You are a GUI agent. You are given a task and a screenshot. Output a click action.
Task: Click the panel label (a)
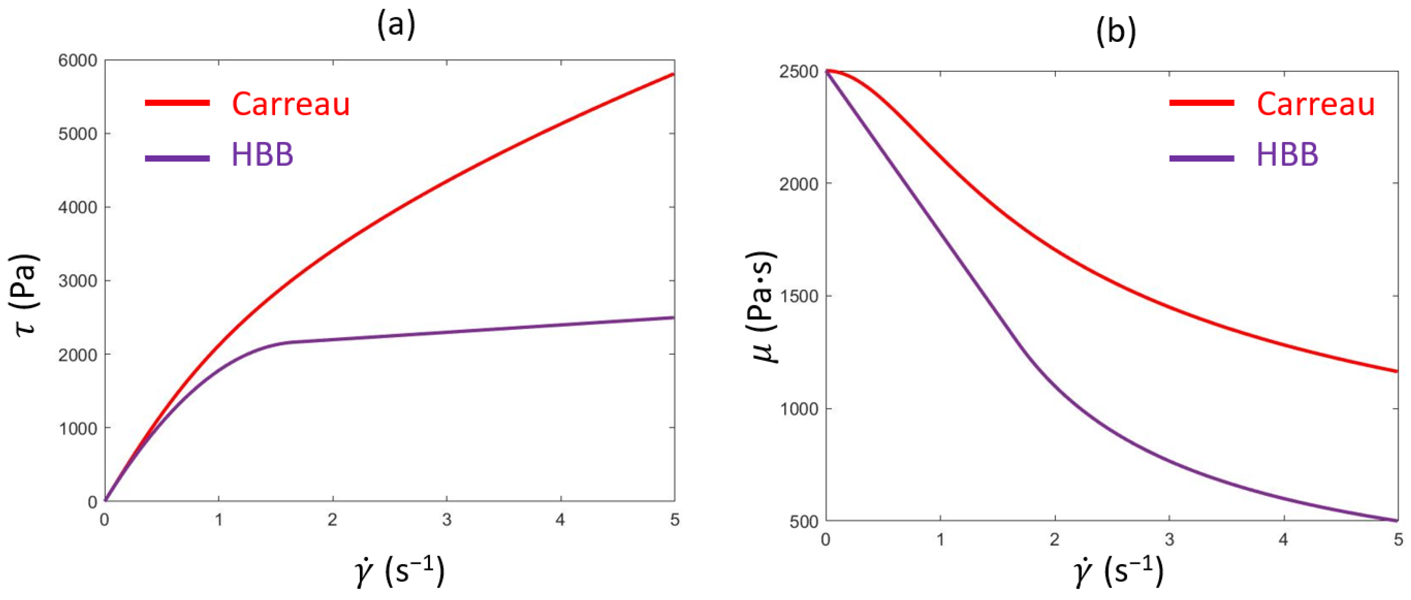point(396,25)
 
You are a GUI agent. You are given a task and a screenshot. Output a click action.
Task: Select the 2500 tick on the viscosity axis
point(798,72)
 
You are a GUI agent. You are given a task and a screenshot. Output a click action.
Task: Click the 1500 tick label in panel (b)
point(798,296)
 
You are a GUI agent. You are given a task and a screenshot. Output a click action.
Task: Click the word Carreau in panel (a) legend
point(291,104)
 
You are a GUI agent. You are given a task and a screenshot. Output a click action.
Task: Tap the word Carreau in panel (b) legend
point(1316,104)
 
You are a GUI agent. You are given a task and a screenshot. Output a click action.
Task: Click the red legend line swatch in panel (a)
point(178,103)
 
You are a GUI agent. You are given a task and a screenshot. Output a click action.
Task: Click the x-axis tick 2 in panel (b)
point(1054,539)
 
